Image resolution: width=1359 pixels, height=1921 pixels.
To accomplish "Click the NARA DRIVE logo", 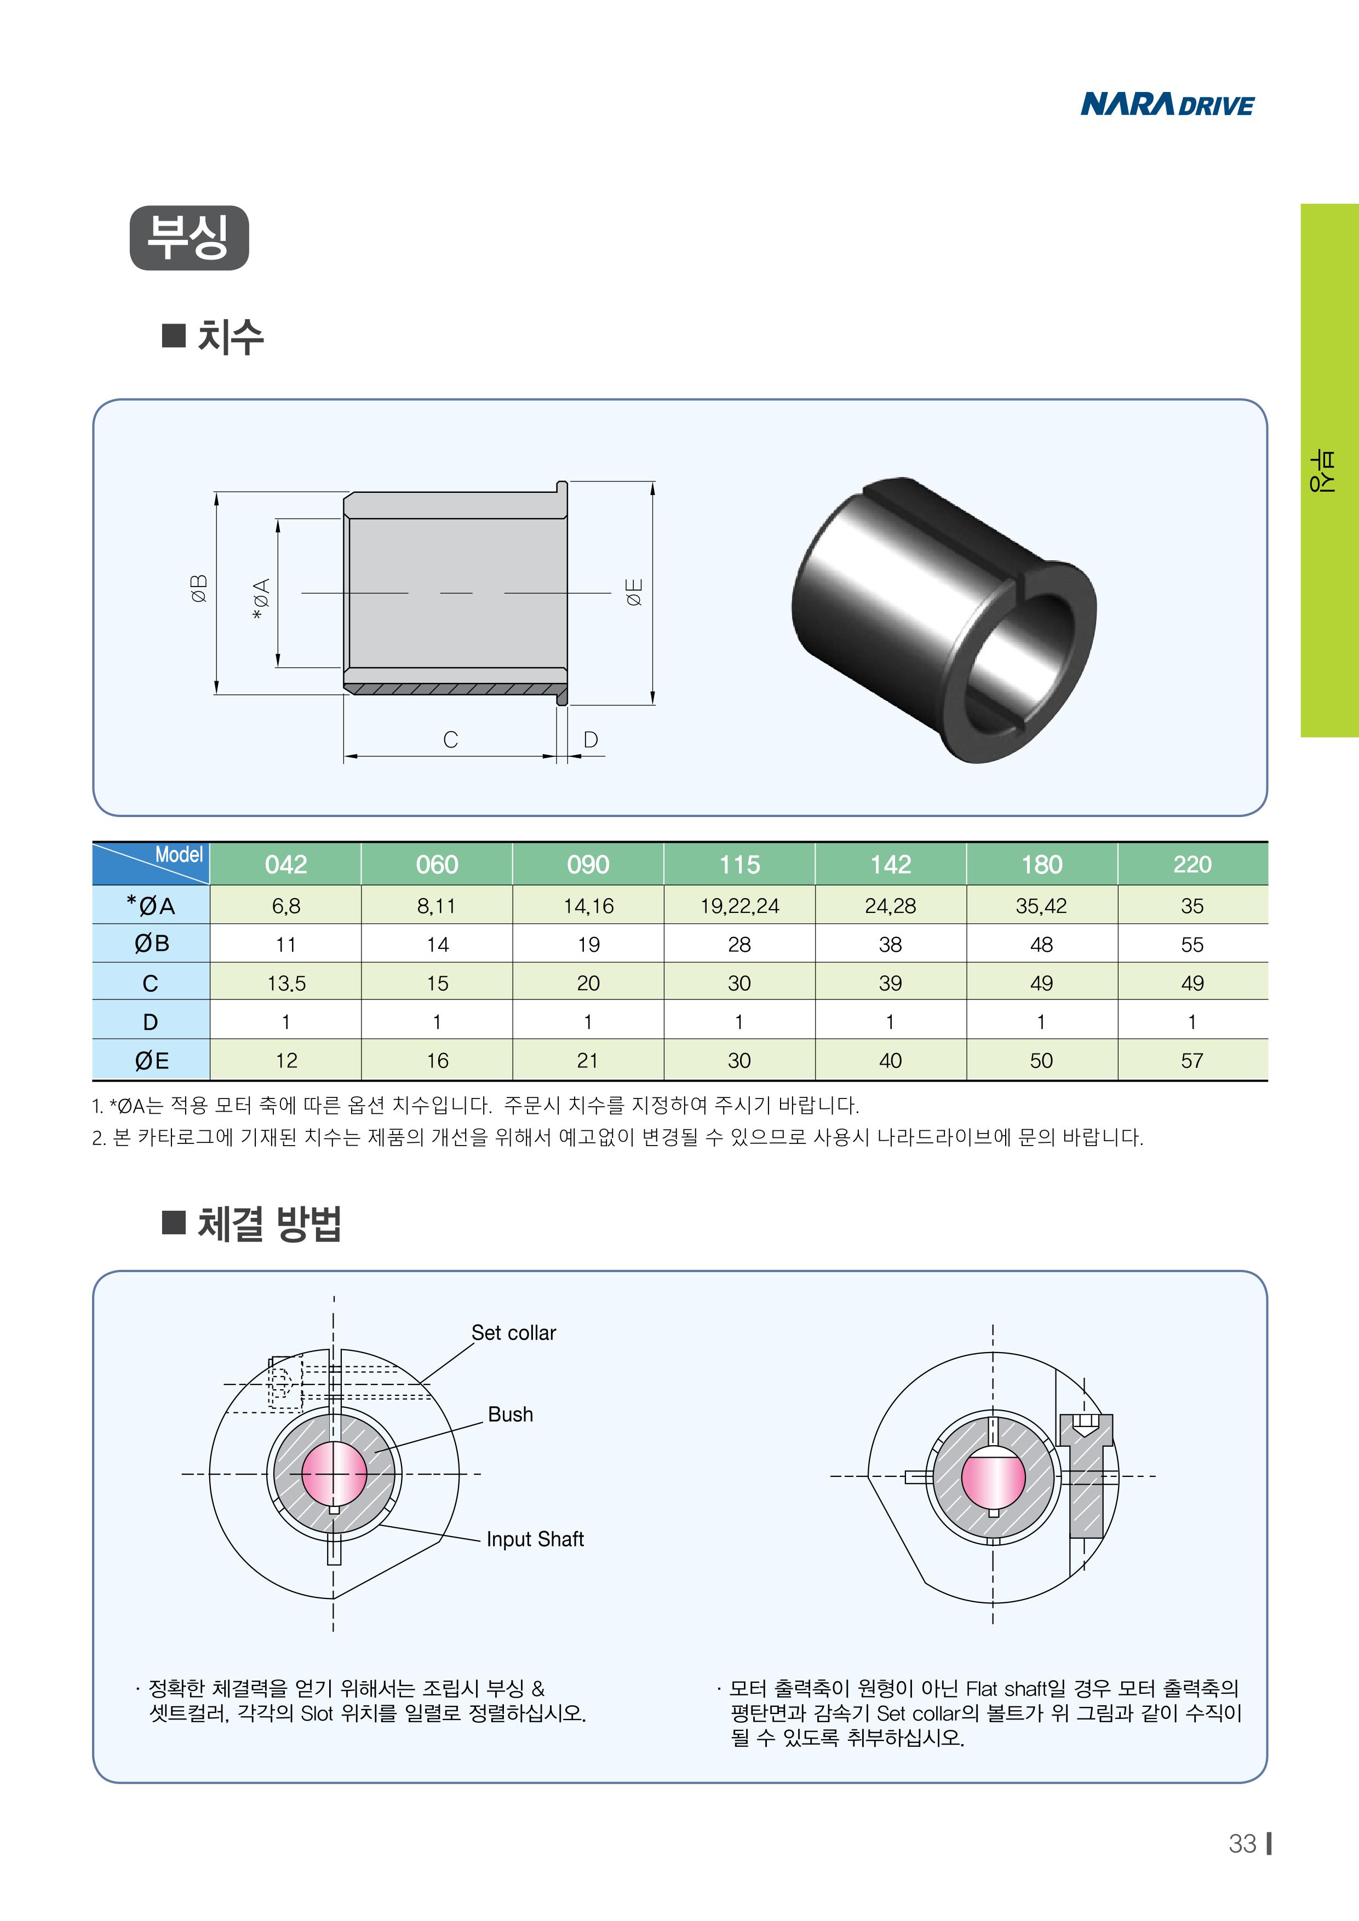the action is click(x=1167, y=105).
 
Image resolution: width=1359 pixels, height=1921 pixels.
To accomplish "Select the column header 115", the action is click(x=739, y=864).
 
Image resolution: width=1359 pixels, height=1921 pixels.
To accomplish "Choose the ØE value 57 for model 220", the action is click(x=1191, y=1061).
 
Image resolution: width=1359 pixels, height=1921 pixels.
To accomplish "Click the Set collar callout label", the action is click(x=514, y=1333).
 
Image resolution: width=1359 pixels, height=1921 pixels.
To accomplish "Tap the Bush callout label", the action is click(x=511, y=1414).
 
